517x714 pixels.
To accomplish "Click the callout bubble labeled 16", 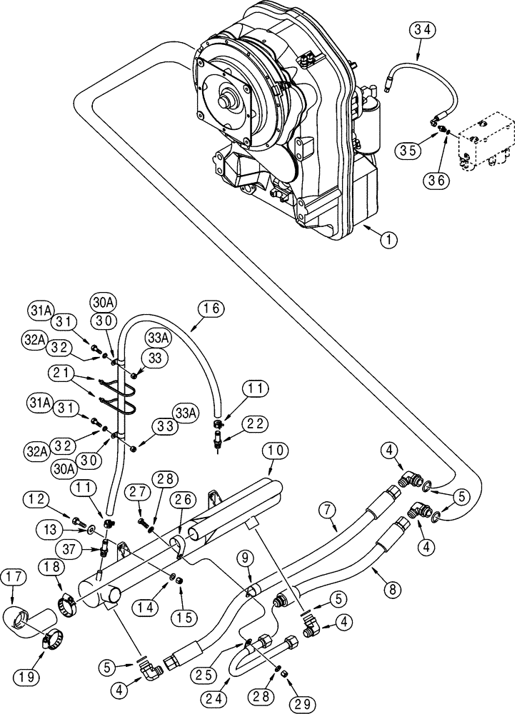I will point(212,309).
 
